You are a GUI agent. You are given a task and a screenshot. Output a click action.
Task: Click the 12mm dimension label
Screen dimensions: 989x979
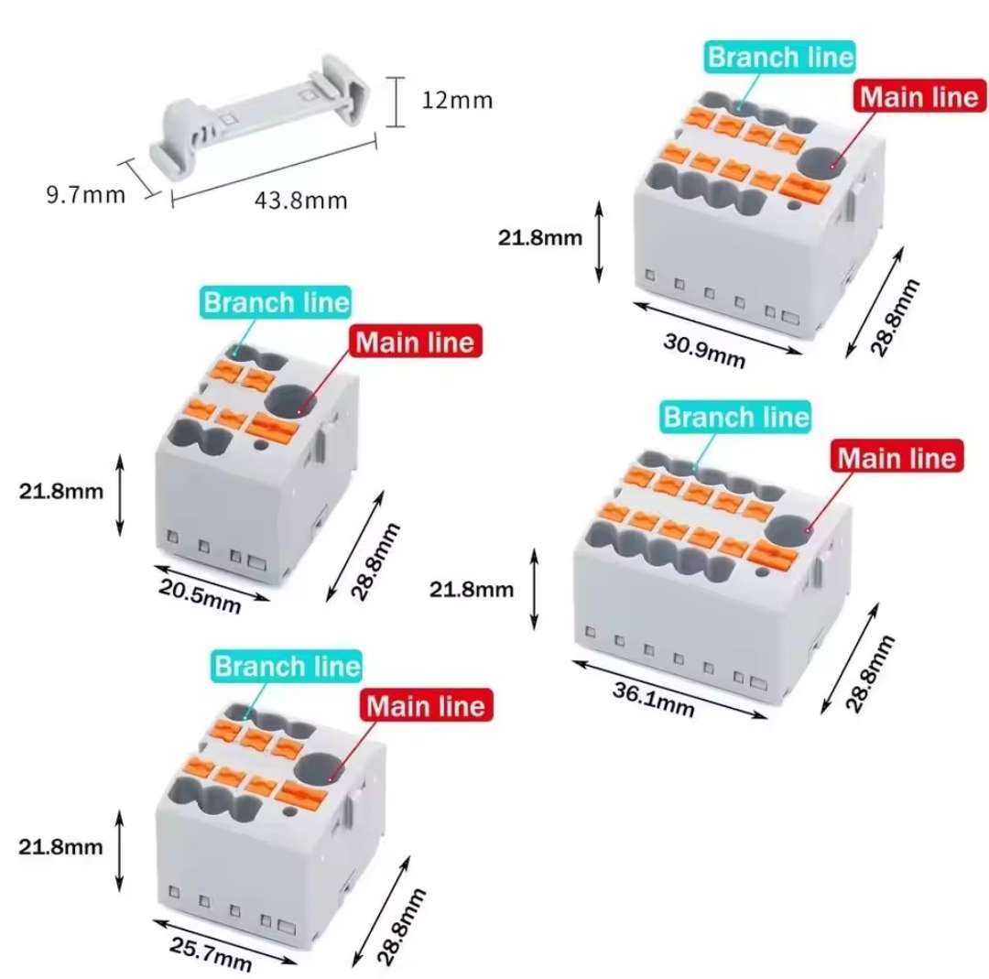pos(457,101)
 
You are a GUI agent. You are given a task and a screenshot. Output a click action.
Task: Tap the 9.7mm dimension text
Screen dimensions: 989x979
pos(86,194)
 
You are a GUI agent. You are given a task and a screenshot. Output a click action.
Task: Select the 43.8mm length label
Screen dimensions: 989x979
pos(301,201)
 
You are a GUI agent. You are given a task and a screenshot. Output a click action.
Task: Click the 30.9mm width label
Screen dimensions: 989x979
pos(704,351)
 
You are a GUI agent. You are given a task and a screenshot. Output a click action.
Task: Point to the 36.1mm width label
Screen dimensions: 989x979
pos(654,700)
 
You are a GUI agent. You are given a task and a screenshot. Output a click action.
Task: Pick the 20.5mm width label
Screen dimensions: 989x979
pos(200,596)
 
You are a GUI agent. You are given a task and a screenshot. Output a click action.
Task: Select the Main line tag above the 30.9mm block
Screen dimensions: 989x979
pos(919,96)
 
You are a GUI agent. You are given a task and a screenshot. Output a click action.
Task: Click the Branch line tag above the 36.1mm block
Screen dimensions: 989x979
pos(736,417)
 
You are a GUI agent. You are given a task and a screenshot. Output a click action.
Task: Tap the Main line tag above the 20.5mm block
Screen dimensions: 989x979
pos(415,342)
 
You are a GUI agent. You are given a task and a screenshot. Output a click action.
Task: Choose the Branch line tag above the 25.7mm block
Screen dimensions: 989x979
pos(287,666)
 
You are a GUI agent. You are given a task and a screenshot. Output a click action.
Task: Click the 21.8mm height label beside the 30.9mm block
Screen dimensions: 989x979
pos(540,238)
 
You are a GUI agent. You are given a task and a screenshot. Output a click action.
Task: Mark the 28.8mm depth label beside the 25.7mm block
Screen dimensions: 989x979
pos(401,927)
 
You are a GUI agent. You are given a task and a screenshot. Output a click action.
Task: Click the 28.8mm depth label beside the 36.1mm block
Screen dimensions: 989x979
pos(870,674)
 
